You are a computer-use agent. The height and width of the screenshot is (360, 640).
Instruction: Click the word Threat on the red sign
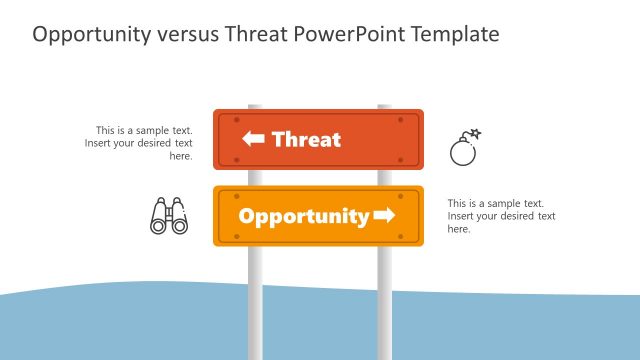(306, 140)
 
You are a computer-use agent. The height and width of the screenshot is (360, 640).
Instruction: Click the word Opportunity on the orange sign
(303, 216)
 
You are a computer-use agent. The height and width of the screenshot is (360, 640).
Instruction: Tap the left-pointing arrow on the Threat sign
(254, 140)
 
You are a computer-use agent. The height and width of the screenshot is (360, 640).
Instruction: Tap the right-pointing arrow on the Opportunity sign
(384, 216)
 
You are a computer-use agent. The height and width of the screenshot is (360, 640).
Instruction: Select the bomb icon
(463, 150)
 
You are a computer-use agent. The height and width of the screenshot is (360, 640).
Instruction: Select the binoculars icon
(169, 216)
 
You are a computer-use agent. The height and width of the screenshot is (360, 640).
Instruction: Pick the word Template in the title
(454, 35)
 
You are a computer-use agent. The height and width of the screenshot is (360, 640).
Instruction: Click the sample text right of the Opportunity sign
(501, 216)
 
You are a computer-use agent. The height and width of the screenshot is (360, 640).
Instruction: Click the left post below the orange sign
(255, 300)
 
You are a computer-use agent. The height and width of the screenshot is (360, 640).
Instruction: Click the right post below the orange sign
(384, 300)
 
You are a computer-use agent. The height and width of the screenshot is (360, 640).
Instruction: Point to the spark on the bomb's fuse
(476, 133)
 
